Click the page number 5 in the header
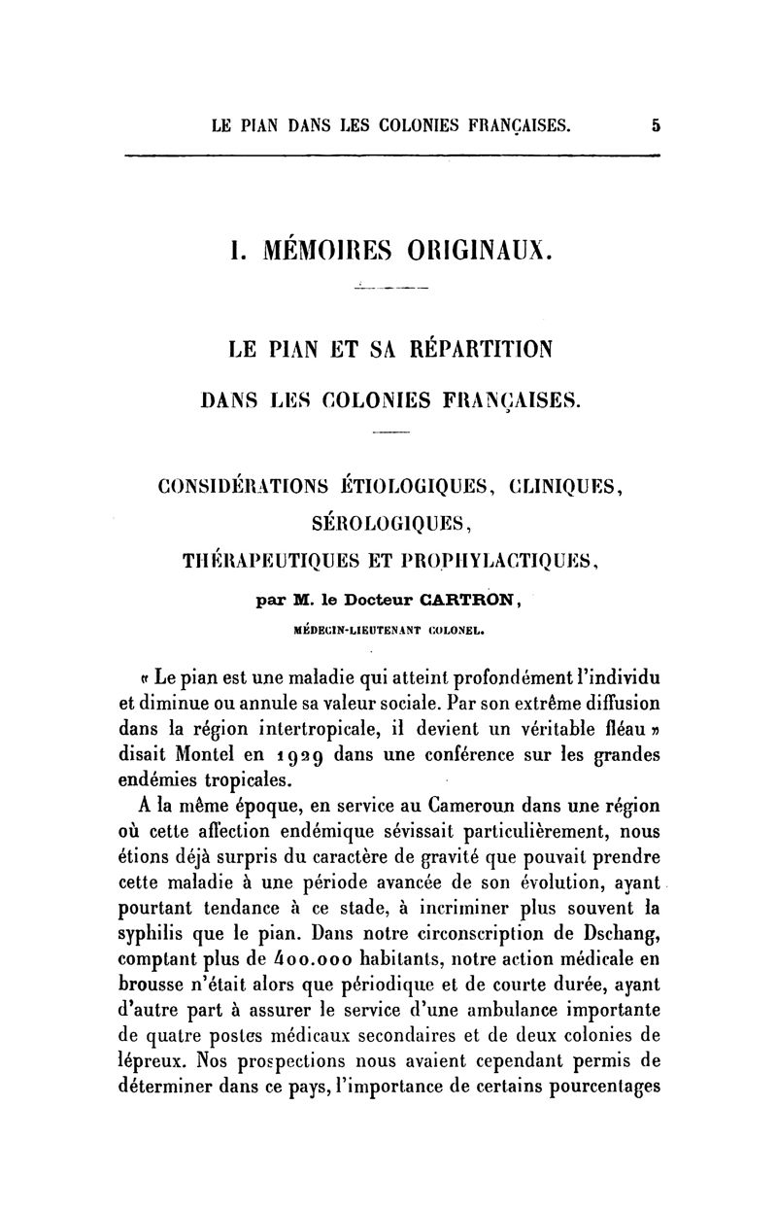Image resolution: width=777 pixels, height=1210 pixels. point(657,124)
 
